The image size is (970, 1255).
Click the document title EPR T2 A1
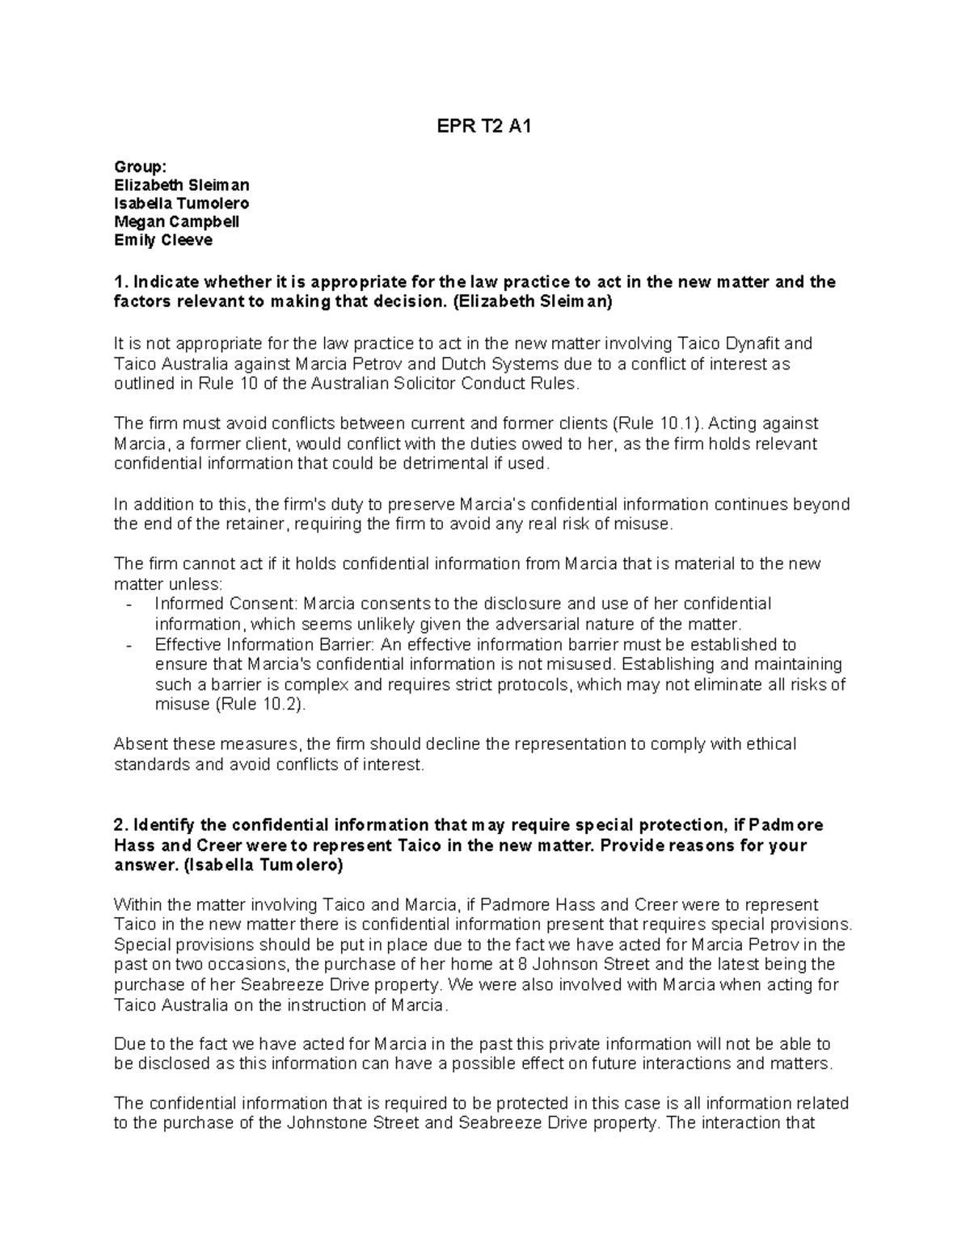[x=484, y=127]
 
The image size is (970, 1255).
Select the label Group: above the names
[x=140, y=166]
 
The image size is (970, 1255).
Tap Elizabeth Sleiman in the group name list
[x=181, y=185]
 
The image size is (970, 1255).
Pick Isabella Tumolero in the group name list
[x=181, y=204]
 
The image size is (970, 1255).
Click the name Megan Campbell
[x=176, y=221]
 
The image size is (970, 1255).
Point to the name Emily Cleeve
[x=163, y=240]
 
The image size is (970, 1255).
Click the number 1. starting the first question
[x=120, y=282]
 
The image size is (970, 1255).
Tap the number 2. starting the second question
[x=120, y=825]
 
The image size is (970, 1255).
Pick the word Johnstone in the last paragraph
[x=323, y=1123]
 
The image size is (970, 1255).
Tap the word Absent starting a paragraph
[x=139, y=743]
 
